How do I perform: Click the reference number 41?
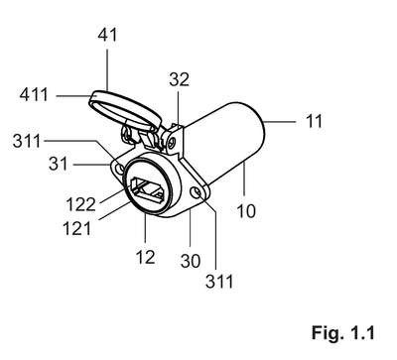click(107, 35)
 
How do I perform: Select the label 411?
click(34, 95)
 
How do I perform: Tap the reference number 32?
click(179, 79)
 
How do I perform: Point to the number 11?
click(314, 121)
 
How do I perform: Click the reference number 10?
click(246, 211)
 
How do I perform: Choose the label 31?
click(58, 164)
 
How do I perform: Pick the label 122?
click(81, 204)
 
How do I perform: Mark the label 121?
click(76, 228)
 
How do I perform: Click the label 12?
click(145, 257)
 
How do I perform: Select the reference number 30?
click(191, 261)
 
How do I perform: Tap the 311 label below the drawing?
click(219, 282)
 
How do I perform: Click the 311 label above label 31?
click(27, 141)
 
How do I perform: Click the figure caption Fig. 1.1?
click(343, 332)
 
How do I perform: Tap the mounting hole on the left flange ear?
click(120, 170)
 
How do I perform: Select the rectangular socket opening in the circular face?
click(148, 189)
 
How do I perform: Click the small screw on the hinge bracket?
click(171, 144)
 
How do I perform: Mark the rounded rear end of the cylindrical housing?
click(260, 127)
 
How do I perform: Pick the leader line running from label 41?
click(107, 69)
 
